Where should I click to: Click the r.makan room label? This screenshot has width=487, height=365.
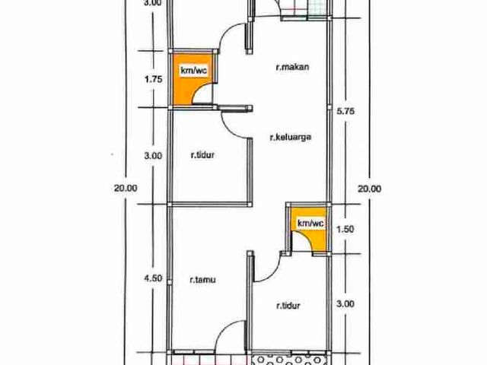292,67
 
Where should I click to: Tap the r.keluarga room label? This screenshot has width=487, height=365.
291,137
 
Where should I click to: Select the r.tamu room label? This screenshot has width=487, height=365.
203,280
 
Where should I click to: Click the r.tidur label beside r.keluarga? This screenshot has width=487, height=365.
202,154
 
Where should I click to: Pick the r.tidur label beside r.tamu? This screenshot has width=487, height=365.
288,306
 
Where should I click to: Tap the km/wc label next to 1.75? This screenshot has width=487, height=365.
194,71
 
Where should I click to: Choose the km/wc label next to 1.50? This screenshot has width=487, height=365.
310,223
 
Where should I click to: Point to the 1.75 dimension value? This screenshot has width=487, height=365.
154,79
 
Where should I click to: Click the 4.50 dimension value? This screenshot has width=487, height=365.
153,278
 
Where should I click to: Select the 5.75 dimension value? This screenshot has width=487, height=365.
345,111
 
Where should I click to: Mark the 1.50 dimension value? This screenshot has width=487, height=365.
345,229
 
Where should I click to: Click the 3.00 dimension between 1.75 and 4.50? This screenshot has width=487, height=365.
153,155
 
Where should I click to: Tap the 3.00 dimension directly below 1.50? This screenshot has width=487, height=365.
345,303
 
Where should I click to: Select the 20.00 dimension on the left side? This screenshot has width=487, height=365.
126,188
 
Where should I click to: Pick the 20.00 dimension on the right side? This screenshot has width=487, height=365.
370,189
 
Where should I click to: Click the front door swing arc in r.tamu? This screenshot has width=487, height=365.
222,329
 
